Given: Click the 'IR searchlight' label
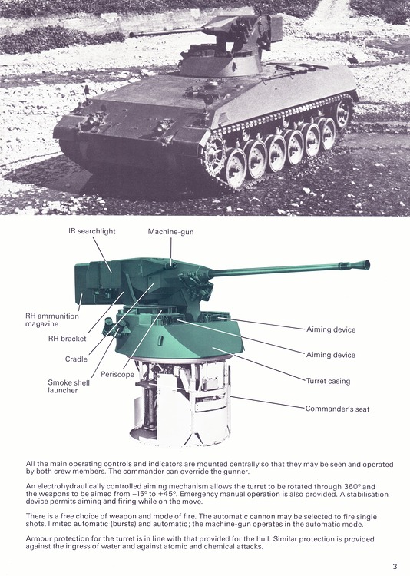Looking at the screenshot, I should (93, 231).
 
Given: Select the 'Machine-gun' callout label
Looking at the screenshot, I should (171, 231).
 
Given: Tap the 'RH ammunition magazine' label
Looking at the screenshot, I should (51, 319).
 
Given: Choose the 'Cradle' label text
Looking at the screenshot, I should (76, 359).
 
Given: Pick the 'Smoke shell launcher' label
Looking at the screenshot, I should (70, 386).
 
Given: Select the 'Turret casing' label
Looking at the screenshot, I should (328, 381).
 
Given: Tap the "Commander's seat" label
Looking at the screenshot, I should (337, 409).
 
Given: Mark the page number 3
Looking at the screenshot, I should (395, 566).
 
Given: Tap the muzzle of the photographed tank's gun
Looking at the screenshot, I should (131, 35).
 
